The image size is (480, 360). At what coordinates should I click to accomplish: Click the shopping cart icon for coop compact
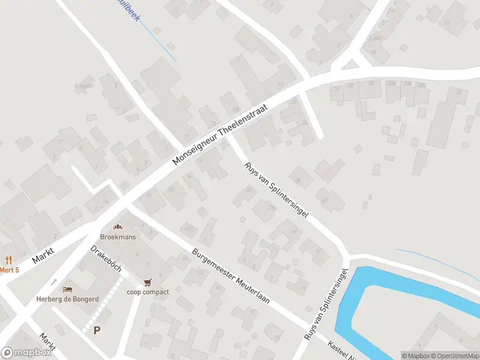(147, 282)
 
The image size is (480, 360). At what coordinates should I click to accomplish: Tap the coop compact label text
(147, 292)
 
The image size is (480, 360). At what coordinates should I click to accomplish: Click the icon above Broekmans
(118, 227)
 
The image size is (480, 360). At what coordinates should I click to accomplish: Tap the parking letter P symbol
(97, 330)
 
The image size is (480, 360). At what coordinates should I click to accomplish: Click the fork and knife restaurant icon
(8, 260)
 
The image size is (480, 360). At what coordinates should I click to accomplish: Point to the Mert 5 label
(9, 270)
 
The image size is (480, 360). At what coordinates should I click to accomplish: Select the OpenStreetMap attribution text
(454, 356)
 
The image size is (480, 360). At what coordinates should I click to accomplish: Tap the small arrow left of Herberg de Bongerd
(54, 282)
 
